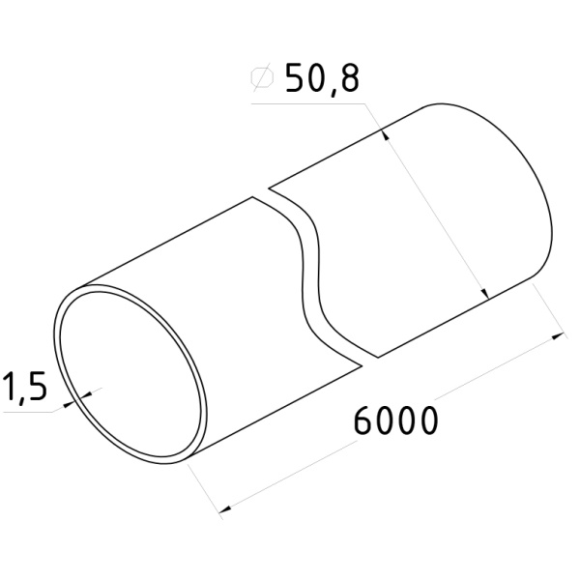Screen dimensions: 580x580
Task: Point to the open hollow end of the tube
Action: click(x=130, y=377)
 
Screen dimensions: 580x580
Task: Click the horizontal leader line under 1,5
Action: click(x=29, y=410)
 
